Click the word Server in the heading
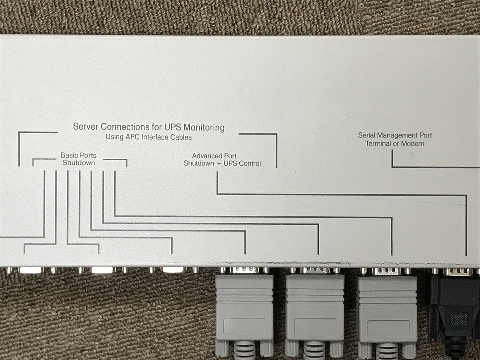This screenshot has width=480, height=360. point(86,127)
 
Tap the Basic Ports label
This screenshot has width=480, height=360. point(78,155)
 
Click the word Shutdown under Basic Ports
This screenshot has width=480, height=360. point(79,163)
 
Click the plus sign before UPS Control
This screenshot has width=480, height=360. point(219,164)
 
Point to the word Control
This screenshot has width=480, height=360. point(250,164)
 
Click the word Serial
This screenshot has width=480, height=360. point(366,136)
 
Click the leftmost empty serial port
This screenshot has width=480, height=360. point(31,270)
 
